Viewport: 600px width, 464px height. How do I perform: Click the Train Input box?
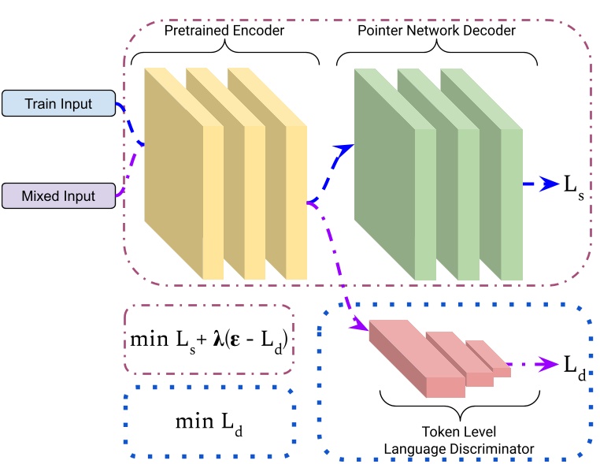click(x=58, y=104)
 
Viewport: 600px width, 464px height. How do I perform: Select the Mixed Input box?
click(x=58, y=195)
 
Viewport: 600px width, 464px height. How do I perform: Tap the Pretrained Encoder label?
click(x=225, y=32)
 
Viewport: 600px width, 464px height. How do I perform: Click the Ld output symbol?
click(x=574, y=367)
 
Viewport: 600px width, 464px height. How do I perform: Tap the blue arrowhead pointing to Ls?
click(x=553, y=187)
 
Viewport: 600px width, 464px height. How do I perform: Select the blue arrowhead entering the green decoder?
click(x=346, y=147)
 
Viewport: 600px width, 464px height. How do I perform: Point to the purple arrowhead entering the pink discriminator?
click(x=361, y=325)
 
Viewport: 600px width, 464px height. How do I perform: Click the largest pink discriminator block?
click(x=402, y=354)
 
